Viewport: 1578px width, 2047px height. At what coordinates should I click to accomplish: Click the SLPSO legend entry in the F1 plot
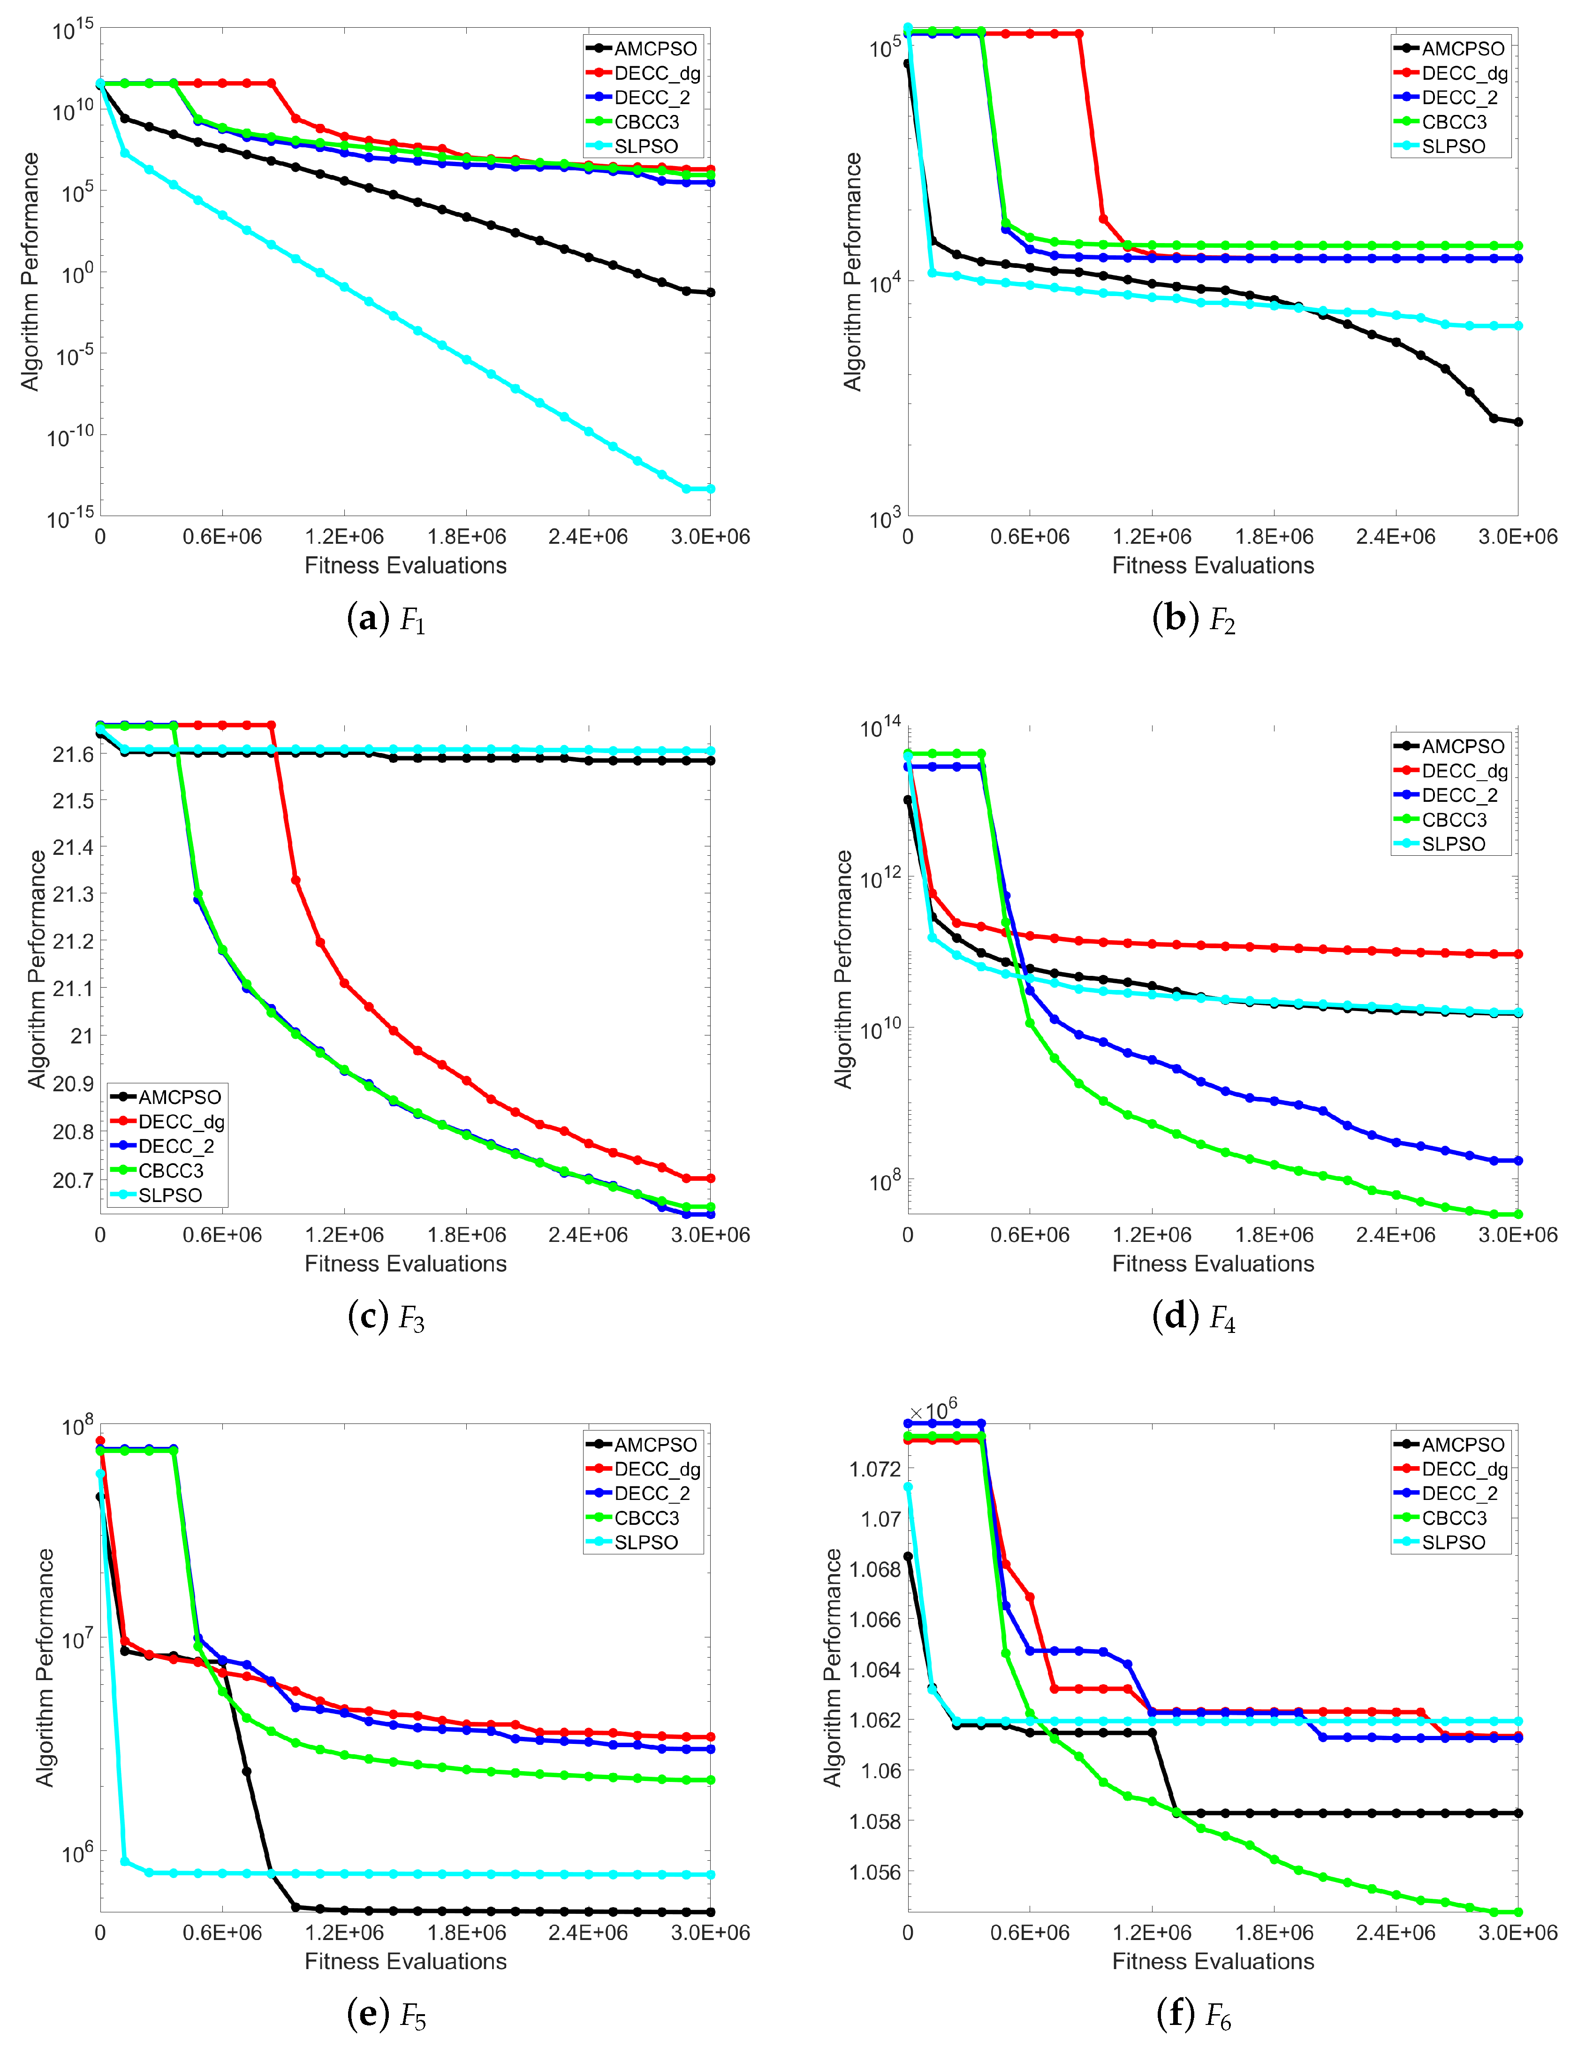pos(645,146)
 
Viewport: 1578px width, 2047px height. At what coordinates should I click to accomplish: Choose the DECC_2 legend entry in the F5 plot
pos(651,1493)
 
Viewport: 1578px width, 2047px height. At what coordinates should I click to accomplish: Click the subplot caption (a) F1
pos(386,619)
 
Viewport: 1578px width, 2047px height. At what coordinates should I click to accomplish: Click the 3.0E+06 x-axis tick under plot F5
pos(709,1933)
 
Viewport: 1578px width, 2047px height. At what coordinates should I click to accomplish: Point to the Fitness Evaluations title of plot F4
pos(1213,1263)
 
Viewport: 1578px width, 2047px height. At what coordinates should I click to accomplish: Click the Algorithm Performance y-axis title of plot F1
pos(31,272)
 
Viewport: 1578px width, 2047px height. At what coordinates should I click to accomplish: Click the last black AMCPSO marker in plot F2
pos(1518,422)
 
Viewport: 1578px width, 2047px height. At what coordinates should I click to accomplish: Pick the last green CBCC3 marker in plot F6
pos(1518,1912)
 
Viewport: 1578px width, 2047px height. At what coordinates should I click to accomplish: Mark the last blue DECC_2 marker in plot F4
pos(1518,1160)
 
